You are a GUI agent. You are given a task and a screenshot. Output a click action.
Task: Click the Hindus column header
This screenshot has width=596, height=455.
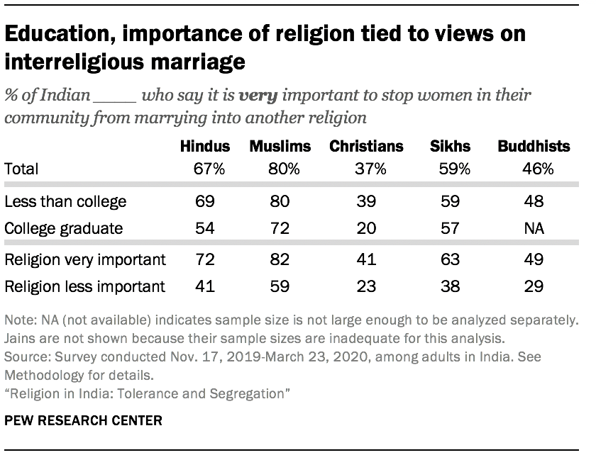pos(205,147)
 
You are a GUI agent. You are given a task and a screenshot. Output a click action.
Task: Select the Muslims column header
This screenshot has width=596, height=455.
pos(280,147)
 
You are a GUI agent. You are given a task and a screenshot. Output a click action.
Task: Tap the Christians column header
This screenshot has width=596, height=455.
pos(366,147)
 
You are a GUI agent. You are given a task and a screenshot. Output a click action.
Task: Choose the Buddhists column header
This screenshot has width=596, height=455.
pos(533,147)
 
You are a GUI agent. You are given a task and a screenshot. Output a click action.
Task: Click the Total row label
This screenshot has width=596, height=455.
pos(21,169)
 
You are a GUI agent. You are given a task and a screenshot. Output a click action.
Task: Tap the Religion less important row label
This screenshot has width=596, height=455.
pos(84,286)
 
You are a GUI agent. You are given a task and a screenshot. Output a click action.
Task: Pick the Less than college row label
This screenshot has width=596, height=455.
pos(65,202)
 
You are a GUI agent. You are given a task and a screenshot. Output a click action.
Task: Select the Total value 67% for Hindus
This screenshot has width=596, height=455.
pos(205,169)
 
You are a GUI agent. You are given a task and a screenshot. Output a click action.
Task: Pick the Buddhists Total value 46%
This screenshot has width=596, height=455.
pos(533,169)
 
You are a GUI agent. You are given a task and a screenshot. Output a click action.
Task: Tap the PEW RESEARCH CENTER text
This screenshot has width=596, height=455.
pos(83,421)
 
